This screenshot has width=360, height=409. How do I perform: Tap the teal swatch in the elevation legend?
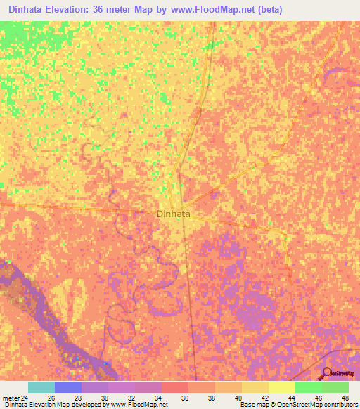point(41,387)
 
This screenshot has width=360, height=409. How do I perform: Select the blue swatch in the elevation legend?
point(67,387)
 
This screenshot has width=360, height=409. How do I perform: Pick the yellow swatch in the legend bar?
point(281,387)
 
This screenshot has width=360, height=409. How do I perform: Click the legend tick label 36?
point(184,398)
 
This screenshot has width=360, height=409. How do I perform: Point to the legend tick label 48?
point(344,398)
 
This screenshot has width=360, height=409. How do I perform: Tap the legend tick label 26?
point(50,398)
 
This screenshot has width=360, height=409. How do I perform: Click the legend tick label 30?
point(103,398)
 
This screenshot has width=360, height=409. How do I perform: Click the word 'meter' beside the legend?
point(11,398)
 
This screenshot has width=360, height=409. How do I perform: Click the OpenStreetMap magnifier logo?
point(326,373)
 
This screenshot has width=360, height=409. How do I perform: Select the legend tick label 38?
point(210,398)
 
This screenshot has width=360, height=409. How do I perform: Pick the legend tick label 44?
point(290,398)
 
